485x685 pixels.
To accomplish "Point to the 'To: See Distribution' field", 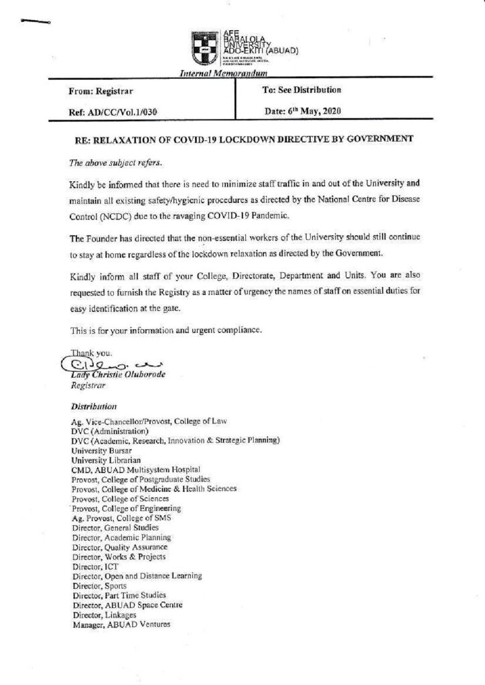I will (303, 90).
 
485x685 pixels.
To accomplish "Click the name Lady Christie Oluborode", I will (117, 375).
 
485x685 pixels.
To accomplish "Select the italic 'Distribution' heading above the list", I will (94, 406).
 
